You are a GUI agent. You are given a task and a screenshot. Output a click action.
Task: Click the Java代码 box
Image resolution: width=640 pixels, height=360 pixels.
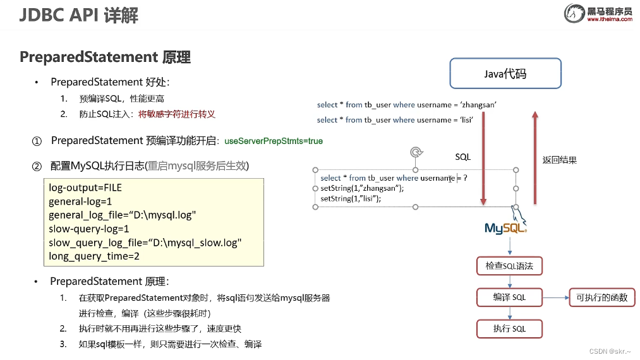pos(505,73)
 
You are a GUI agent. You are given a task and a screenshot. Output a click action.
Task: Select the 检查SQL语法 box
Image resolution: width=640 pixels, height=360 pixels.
pos(509,266)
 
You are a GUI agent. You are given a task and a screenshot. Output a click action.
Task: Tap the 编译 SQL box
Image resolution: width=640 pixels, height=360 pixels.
pos(509,297)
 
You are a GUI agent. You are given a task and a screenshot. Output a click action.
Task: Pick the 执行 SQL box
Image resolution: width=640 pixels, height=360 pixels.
pos(509,329)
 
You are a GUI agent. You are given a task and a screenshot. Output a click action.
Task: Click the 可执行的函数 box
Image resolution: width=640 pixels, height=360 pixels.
pos(601,297)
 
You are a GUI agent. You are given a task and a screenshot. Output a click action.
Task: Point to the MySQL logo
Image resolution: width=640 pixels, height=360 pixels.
pos(505,227)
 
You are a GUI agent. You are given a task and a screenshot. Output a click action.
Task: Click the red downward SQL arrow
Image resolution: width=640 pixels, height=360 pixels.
pos(483,158)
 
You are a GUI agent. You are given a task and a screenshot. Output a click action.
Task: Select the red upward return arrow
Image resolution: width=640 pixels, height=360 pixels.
pos(534,158)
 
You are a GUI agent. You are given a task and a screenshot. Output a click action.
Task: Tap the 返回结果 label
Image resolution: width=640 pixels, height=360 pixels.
pos(560,160)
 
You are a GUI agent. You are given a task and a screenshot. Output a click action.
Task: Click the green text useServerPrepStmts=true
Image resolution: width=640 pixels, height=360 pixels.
pos(274,141)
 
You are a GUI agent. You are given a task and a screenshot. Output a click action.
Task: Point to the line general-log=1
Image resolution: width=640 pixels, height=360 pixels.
pos(80,201)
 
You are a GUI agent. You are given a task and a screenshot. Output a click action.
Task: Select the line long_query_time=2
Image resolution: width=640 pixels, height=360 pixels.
pos(94,256)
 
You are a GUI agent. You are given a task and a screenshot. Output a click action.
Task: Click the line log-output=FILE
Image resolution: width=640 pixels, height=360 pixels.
pos(85,188)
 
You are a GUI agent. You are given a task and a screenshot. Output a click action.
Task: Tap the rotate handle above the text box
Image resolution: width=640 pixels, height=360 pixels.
pos(415,152)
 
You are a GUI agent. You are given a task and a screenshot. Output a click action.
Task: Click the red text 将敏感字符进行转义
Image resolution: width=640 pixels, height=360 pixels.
pos(177,114)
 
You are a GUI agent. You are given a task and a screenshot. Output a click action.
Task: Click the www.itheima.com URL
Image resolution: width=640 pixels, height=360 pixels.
pos(609,20)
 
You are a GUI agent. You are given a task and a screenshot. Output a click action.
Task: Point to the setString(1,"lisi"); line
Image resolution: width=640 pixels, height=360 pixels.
pos(351,198)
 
